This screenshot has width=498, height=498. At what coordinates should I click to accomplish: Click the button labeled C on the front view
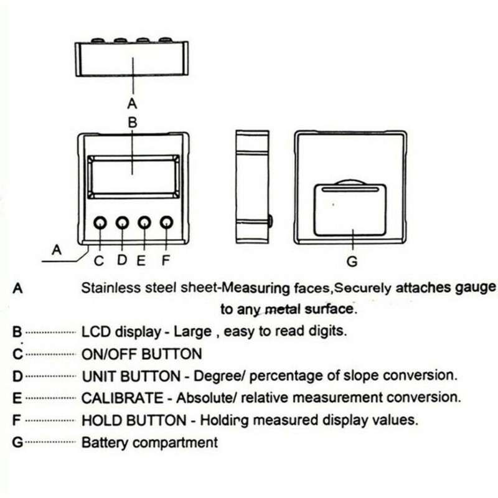pos(100,223)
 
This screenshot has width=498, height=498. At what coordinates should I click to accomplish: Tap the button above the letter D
pos(122,223)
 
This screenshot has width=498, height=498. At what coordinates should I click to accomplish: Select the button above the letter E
pos(144,223)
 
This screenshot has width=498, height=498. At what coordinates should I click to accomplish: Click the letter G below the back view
pos(352,262)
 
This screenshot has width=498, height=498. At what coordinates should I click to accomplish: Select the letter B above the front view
pos(132,123)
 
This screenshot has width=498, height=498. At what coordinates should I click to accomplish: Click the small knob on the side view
pos(270,220)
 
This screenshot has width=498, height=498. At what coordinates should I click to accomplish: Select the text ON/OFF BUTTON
pos(142,355)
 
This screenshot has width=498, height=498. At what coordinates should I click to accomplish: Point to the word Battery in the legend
pos(101,443)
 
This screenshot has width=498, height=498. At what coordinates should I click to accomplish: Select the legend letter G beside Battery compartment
pos(17,443)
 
